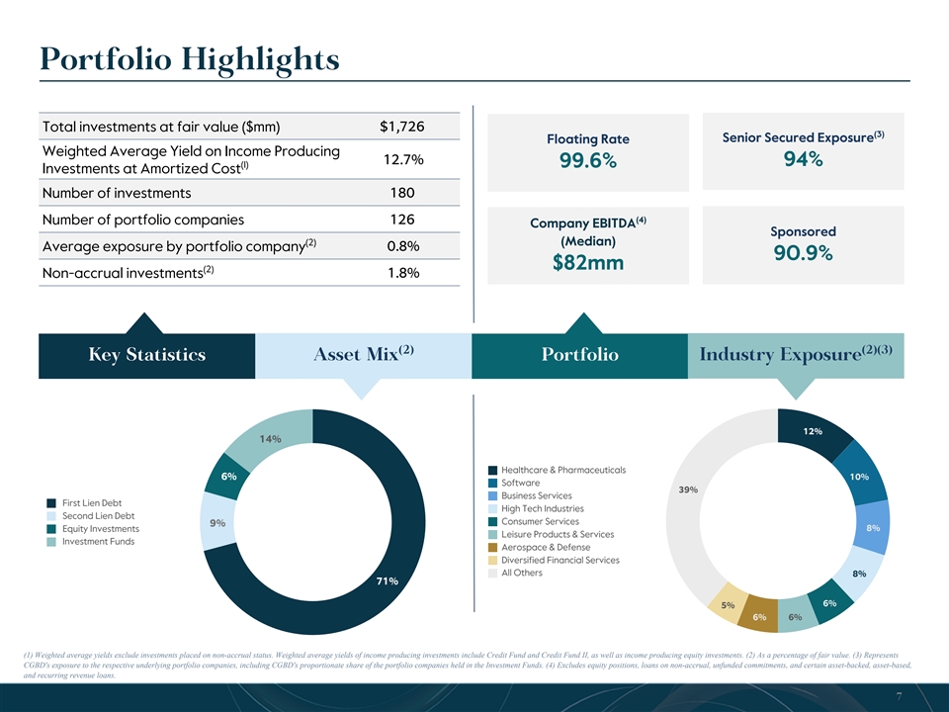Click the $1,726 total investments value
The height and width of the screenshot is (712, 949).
pyautogui.click(x=401, y=127)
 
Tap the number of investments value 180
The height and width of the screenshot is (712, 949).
pyautogui.click(x=401, y=192)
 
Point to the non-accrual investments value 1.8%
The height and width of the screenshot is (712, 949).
pyautogui.click(x=401, y=273)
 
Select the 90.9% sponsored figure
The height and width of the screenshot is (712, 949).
pyautogui.click(x=802, y=253)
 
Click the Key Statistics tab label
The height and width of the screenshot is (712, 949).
pyautogui.click(x=146, y=355)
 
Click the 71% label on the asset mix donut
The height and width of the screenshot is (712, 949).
pyautogui.click(x=387, y=580)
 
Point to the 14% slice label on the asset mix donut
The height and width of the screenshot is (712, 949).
pyautogui.click(x=271, y=438)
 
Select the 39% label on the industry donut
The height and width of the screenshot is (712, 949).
pyautogui.click(x=689, y=489)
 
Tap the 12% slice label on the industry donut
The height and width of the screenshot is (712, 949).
pyautogui.click(x=812, y=431)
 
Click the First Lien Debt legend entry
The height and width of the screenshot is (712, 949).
pyautogui.click(x=94, y=502)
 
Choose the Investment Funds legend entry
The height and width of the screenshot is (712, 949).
pyautogui.click(x=98, y=541)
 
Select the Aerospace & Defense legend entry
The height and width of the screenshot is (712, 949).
pyautogui.click(x=546, y=547)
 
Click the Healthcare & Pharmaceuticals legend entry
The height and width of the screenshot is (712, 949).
pyautogui.click(x=563, y=470)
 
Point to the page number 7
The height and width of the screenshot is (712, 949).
pyautogui.click(x=897, y=696)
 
